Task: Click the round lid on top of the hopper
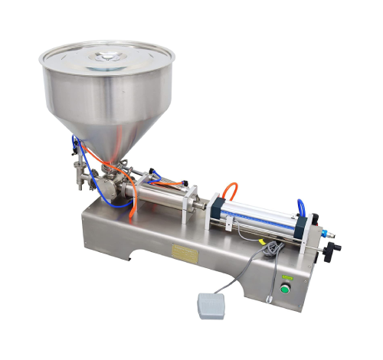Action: pyautogui.click(x=107, y=58)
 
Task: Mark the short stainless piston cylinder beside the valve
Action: pyautogui.click(x=163, y=191)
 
